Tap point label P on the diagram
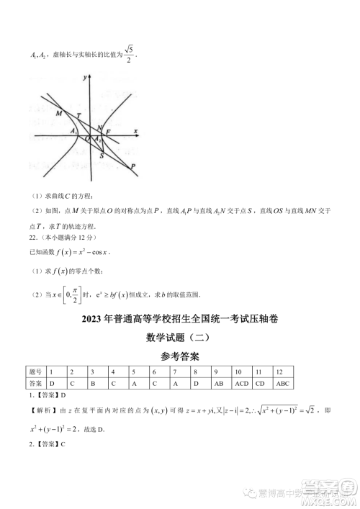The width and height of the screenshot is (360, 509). [x=134, y=166]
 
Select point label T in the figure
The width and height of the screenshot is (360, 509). [x=78, y=117]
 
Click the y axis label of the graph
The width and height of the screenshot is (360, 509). [x=85, y=76]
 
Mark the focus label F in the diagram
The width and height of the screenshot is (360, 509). [x=108, y=132]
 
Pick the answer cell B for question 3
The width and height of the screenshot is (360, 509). [x=93, y=383]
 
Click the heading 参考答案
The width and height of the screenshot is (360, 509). [x=179, y=356]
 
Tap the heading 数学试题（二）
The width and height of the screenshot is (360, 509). [x=179, y=336]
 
